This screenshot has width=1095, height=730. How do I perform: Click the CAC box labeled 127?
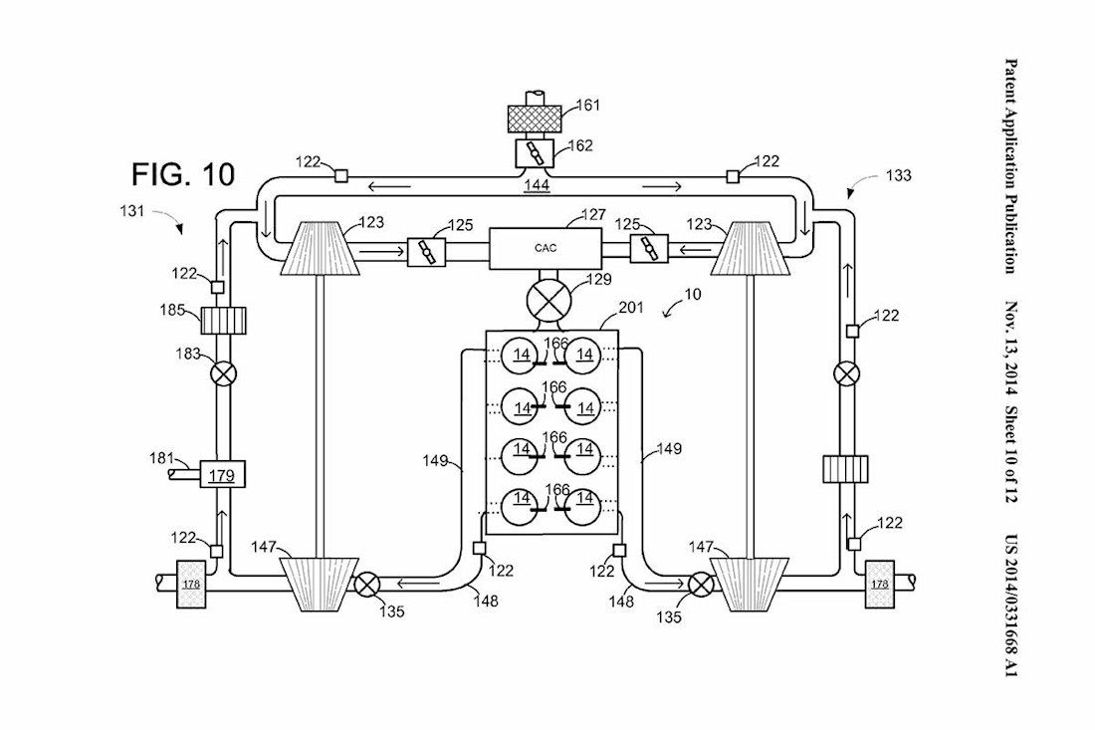(x=546, y=247)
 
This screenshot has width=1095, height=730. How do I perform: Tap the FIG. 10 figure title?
(x=183, y=174)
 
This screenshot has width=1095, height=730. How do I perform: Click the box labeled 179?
(x=222, y=475)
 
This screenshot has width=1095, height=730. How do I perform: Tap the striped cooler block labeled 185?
(x=223, y=321)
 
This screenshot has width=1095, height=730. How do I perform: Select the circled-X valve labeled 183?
(x=223, y=374)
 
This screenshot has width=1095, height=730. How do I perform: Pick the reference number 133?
(x=898, y=175)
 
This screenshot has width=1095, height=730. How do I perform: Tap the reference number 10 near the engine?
(x=692, y=294)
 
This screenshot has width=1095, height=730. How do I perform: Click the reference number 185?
(x=170, y=310)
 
